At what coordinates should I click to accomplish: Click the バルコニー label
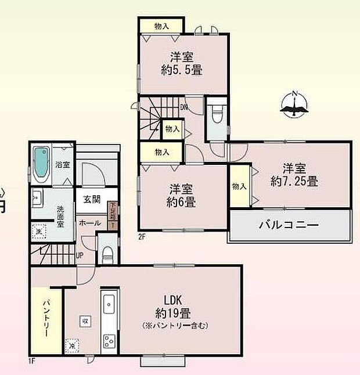click(x=289, y=225)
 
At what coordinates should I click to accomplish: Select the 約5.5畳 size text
click(x=182, y=70)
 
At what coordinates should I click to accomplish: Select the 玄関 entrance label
click(x=92, y=200)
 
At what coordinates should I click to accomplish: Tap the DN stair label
click(x=183, y=107)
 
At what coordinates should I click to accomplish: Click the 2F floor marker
click(x=141, y=236)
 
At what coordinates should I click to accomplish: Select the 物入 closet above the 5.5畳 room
click(x=162, y=26)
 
